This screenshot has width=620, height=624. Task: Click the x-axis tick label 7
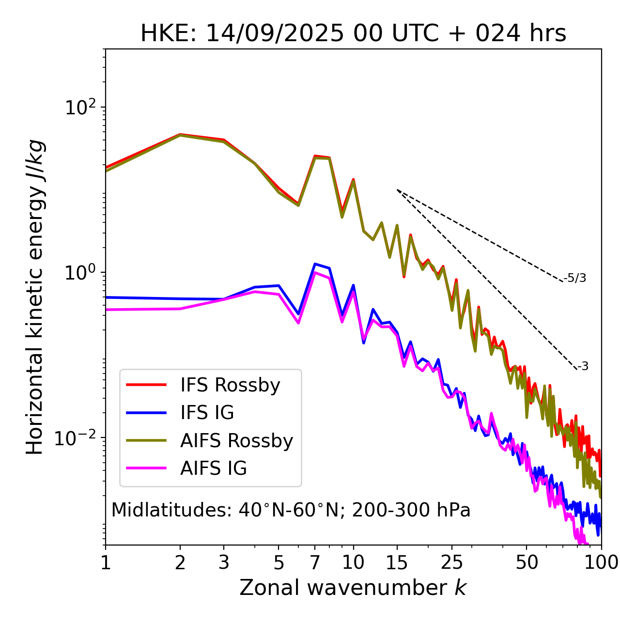315,562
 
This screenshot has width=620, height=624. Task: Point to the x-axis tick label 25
452,562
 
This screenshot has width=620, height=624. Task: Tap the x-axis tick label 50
527,562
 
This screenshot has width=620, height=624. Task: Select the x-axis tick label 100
601,562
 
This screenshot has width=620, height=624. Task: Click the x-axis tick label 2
180,562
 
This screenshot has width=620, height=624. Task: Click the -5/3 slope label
575,278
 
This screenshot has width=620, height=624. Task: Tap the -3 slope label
583,367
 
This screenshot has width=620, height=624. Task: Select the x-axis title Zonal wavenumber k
353,588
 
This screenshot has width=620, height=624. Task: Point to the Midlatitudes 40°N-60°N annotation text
291,510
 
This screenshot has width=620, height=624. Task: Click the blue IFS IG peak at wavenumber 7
315,264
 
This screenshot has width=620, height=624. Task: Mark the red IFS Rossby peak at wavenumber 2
180,134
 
